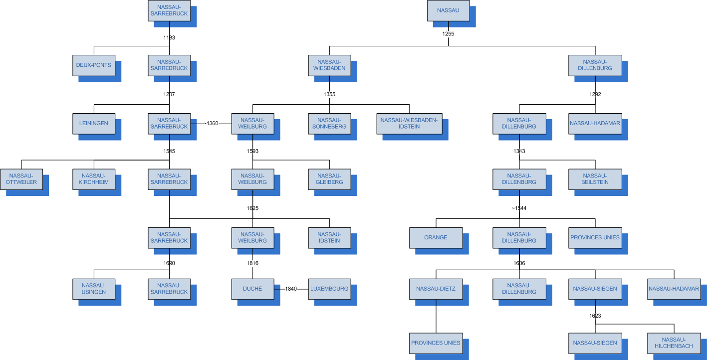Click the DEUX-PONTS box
[x=94, y=65]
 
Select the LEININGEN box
[x=94, y=124]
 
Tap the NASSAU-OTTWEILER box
[x=21, y=180]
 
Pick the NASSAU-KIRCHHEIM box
[x=94, y=180]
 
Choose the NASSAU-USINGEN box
[x=94, y=289]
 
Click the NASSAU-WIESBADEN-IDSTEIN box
[x=409, y=124]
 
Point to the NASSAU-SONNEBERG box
[x=329, y=124]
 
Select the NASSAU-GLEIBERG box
[x=329, y=180]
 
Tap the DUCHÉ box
[x=252, y=289]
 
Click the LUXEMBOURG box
[x=329, y=289]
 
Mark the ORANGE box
[x=436, y=238]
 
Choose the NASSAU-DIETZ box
[x=436, y=289]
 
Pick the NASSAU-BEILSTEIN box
[x=595, y=180]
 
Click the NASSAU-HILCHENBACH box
[x=674, y=343]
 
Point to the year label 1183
[x=169, y=37]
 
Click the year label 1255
[x=448, y=34]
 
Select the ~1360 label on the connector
[x=210, y=123]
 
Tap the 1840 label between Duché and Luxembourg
[x=291, y=289]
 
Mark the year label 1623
[x=595, y=316]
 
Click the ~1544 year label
[x=519, y=208]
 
